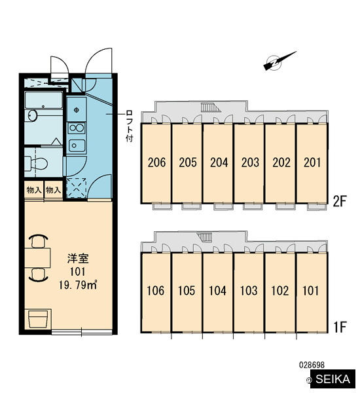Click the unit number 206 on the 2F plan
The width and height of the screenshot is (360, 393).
pos(156,162)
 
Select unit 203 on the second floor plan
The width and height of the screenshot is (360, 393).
pos(250,162)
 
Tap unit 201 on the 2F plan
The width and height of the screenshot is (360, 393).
pos(312,162)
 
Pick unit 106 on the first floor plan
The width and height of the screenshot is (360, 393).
pos(156,291)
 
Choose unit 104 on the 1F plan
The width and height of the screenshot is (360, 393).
pos(218,291)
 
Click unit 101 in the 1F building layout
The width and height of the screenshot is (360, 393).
pos(311,291)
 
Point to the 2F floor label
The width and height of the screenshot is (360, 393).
pos(340,201)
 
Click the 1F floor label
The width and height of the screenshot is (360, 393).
pos(340,327)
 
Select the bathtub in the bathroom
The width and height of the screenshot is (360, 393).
pos(44,100)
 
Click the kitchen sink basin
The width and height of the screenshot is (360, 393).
pos(77,145)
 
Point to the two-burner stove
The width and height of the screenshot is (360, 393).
pos(77,128)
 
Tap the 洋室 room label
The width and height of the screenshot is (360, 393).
pos(78,259)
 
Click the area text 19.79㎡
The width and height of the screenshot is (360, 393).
pos(78,285)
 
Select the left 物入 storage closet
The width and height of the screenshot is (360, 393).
pos(34,190)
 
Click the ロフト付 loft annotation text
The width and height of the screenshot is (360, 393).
pos(130,126)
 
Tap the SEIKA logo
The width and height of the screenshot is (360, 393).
pos(333,379)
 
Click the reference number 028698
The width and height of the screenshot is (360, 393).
pos(312,365)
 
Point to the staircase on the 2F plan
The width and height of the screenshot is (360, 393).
pos(211,107)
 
